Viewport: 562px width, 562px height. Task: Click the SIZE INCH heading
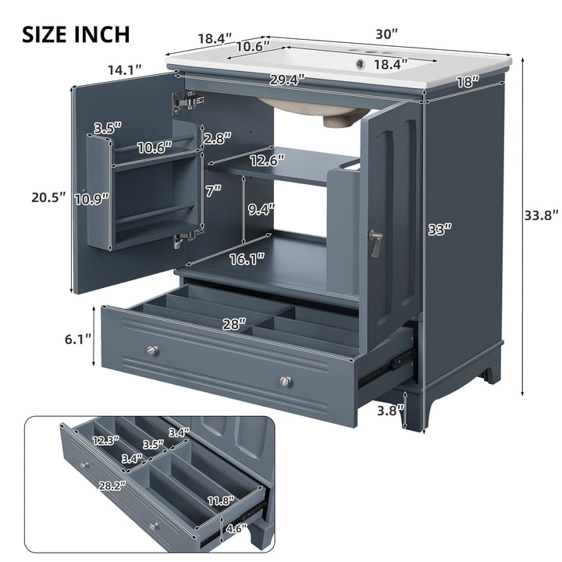[76, 34]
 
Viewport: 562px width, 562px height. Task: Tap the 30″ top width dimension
[386, 34]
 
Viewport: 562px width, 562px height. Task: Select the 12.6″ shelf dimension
[264, 162]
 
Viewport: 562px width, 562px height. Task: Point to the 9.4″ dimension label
[261, 209]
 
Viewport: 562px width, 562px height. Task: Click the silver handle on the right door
[377, 243]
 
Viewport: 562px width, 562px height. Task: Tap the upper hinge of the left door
[187, 100]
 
